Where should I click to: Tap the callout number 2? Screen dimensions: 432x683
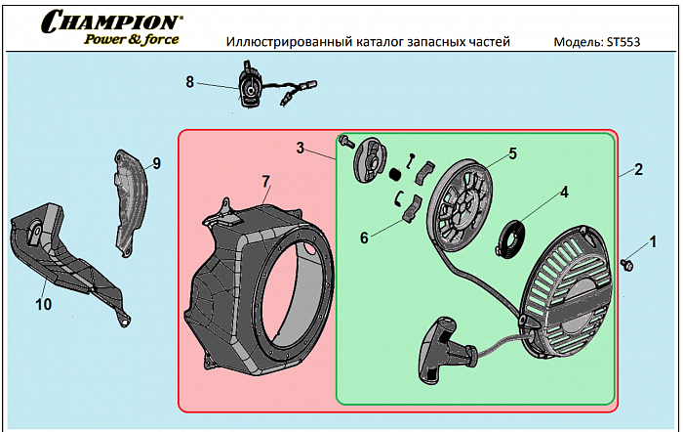[x=638, y=168]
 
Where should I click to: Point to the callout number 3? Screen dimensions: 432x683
[x=301, y=149]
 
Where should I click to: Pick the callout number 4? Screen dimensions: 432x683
[x=564, y=192]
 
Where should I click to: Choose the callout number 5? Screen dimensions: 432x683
[x=512, y=153]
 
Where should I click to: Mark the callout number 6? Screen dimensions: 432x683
[x=364, y=237]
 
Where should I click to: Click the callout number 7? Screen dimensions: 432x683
[x=264, y=180]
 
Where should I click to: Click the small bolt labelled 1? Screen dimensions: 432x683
[x=629, y=262]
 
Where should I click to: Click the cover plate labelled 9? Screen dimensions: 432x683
[x=130, y=200]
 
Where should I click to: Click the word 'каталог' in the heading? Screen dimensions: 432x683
[x=388, y=43]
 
